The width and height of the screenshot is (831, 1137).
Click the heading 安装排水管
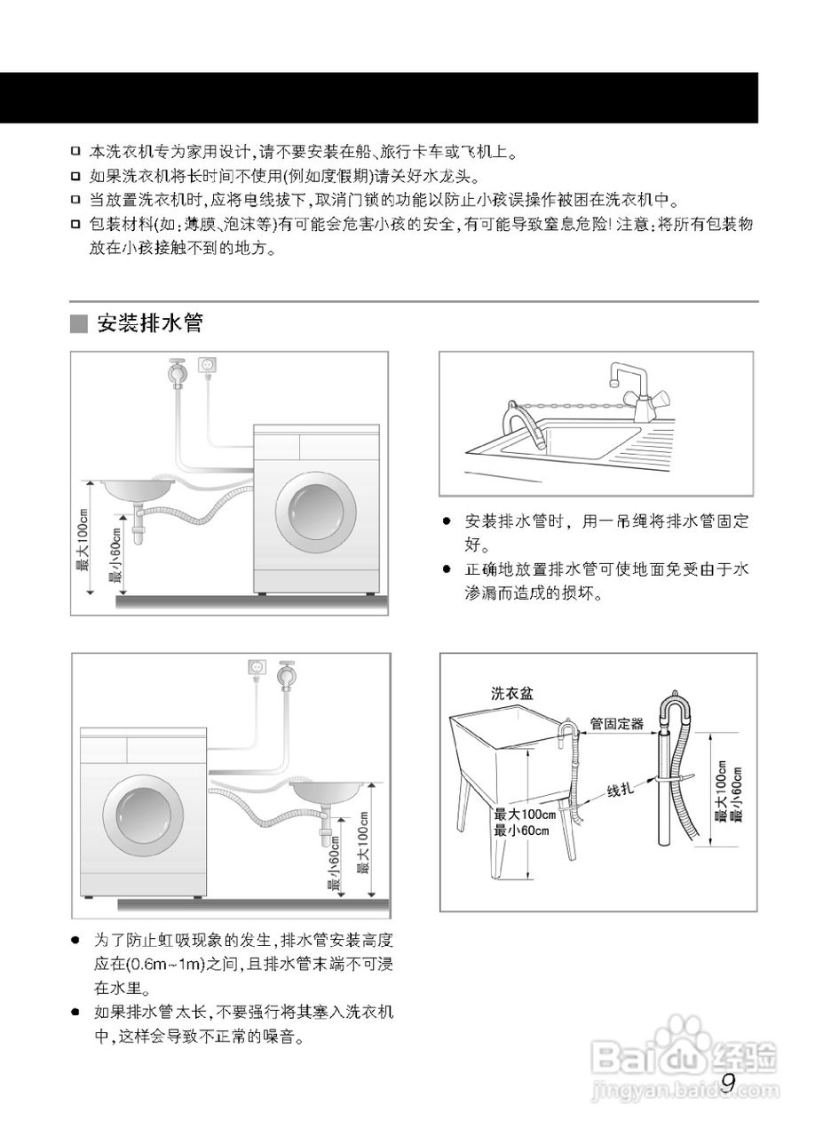[150, 323]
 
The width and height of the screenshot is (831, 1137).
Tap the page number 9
[728, 1083]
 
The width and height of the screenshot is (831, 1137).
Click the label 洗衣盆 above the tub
[512, 694]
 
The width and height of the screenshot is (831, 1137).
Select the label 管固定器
[617, 723]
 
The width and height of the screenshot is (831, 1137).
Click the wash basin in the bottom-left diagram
[326, 791]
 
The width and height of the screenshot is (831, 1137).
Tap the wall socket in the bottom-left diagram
[257, 668]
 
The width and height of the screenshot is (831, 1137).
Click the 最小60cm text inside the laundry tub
[521, 831]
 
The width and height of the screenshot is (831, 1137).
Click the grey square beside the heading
[79, 324]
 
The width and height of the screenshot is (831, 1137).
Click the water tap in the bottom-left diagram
[286, 674]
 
